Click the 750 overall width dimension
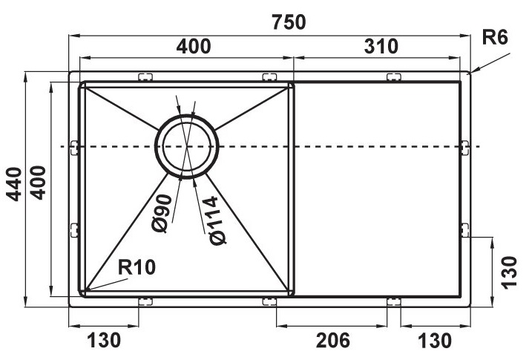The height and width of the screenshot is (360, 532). click(289, 22)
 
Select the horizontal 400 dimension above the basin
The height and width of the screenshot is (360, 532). click(194, 46)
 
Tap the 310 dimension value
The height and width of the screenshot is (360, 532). click(381, 46)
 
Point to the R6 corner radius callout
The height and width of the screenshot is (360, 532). click(495, 37)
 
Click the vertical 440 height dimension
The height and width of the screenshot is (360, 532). click(14, 183)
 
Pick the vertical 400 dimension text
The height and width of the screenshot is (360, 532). click(38, 183)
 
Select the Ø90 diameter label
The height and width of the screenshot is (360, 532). click(162, 213)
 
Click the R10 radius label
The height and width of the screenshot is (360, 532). click(137, 267)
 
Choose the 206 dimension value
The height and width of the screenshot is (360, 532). click(332, 340)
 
